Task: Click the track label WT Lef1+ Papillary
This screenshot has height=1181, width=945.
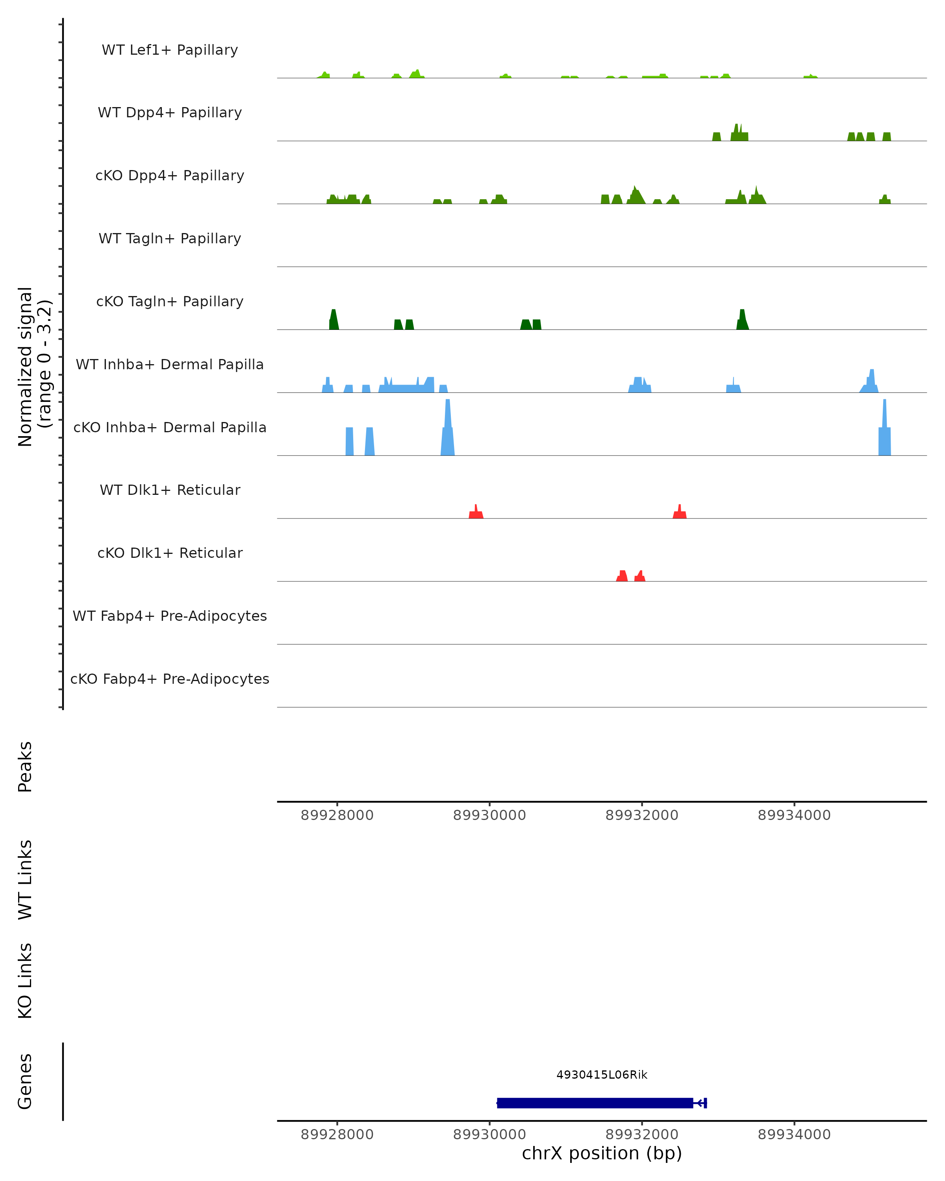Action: click(x=170, y=50)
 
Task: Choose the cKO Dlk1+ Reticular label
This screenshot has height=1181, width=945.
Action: click(x=170, y=553)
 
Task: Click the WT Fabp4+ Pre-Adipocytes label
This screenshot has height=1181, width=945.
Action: click(x=170, y=616)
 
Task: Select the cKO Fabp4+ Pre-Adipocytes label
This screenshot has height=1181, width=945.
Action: click(x=170, y=679)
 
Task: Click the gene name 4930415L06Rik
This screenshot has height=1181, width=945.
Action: click(x=602, y=1075)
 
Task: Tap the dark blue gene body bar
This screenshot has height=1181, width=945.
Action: click(x=595, y=1103)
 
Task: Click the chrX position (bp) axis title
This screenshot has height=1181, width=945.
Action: click(x=602, y=1153)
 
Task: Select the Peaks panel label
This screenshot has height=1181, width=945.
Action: click(x=25, y=766)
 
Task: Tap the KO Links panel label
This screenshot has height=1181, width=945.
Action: click(x=25, y=981)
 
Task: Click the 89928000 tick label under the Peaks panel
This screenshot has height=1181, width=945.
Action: click(x=337, y=815)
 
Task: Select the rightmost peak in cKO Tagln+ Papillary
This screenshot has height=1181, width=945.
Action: click(x=742, y=320)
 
